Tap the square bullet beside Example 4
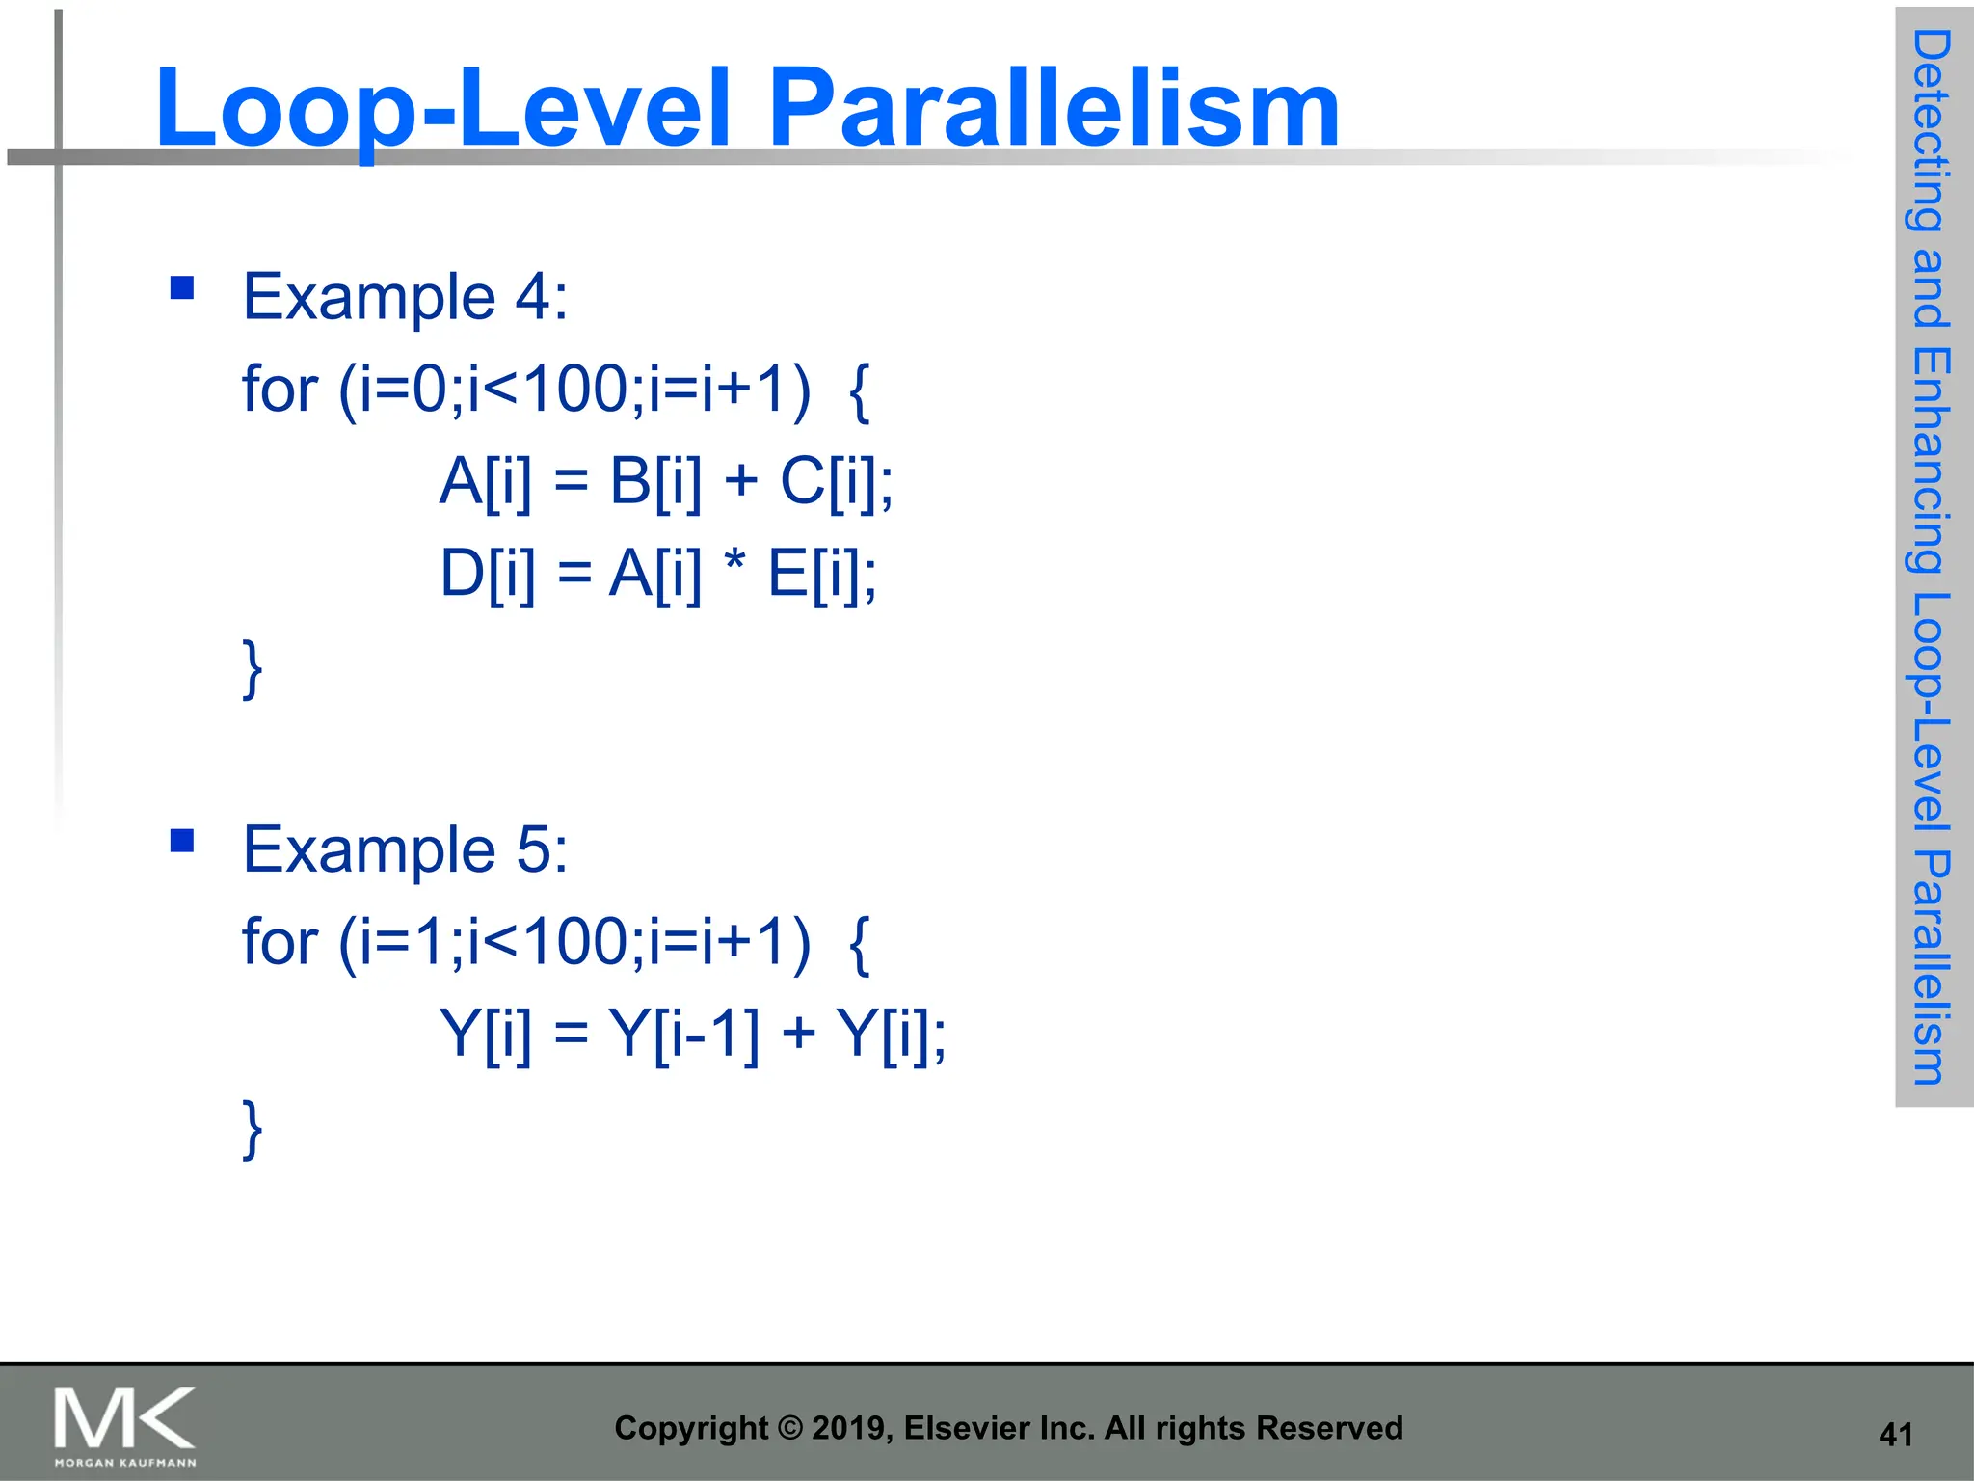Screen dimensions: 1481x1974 181,287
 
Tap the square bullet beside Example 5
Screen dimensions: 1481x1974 181,841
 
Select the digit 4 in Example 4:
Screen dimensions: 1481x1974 533,297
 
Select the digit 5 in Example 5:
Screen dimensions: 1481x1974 533,850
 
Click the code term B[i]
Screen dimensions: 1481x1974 655,480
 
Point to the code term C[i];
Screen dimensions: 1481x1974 836,480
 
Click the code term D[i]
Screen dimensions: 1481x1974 487,574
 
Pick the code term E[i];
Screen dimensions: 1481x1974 822,574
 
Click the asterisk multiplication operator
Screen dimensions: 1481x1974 734,562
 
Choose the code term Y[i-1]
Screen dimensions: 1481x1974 683,1034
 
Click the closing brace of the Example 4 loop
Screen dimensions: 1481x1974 253,667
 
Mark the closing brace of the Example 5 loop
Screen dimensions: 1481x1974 253,1127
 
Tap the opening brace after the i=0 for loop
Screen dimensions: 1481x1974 860,390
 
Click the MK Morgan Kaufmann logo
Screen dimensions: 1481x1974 125,1425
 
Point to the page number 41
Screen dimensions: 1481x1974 1895,1435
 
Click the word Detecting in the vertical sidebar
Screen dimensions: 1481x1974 1932,130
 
